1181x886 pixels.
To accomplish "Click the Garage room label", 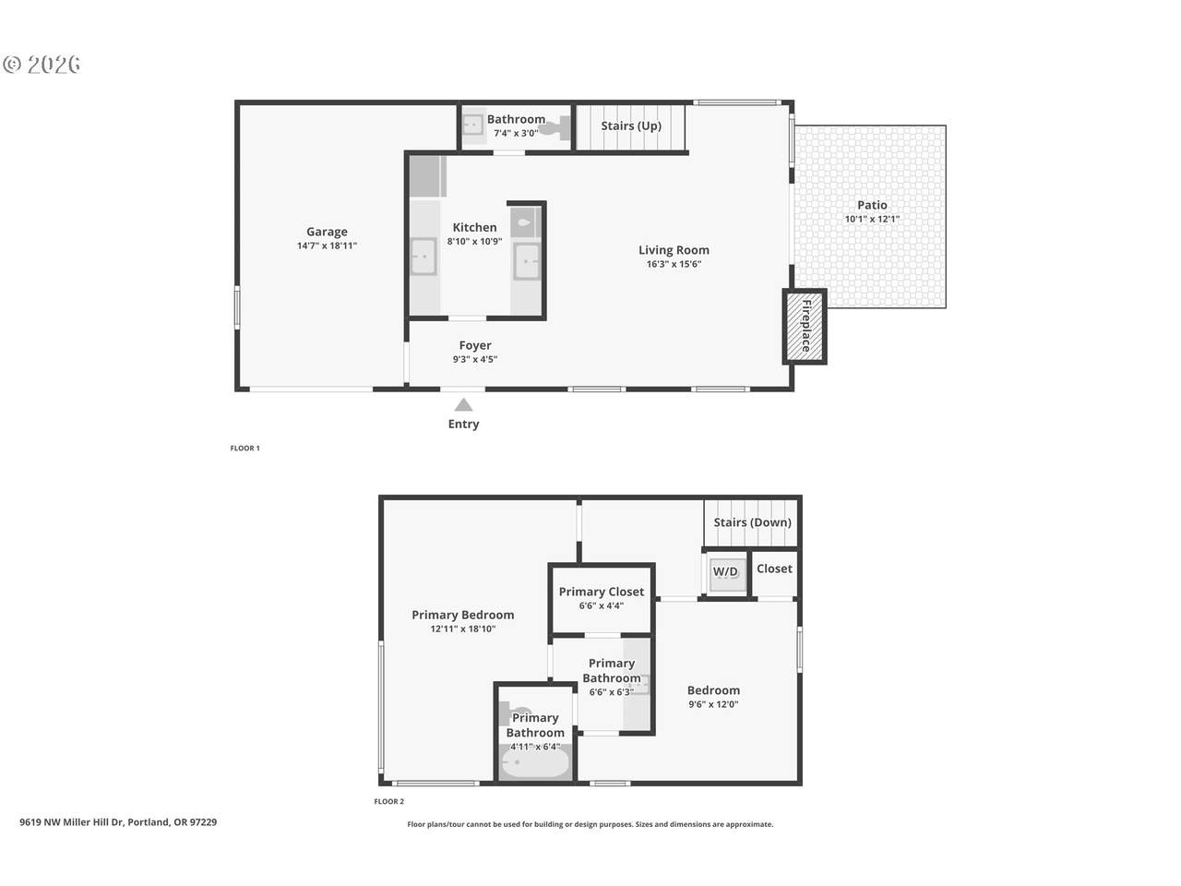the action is click(x=327, y=232).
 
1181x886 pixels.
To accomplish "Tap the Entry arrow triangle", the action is click(x=463, y=405).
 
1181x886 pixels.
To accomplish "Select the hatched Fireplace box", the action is click(x=805, y=327).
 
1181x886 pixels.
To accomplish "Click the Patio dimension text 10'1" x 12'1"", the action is click(x=872, y=219).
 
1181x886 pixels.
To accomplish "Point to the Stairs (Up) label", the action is click(x=630, y=126).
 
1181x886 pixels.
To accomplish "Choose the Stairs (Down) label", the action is click(x=752, y=522).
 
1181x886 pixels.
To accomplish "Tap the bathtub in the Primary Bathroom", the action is click(x=535, y=763).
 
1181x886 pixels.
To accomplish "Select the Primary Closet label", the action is click(x=601, y=592).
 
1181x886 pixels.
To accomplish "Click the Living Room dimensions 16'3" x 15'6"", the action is click(x=674, y=264).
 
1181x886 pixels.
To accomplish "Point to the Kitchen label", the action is click(x=474, y=228).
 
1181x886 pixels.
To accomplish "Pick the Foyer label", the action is click(x=474, y=345).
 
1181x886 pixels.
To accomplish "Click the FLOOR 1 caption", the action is click(x=245, y=449).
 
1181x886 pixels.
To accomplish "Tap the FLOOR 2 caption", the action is click(x=389, y=801).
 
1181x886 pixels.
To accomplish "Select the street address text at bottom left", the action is click(x=118, y=822).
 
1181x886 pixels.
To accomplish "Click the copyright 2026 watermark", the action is click(x=42, y=65).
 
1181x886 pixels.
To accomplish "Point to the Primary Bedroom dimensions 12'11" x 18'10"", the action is click(x=463, y=629).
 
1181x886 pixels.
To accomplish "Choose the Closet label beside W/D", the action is click(x=774, y=569).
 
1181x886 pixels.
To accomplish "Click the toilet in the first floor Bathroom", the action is click(x=555, y=128).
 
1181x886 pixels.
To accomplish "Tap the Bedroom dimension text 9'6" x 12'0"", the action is click(x=713, y=704).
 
